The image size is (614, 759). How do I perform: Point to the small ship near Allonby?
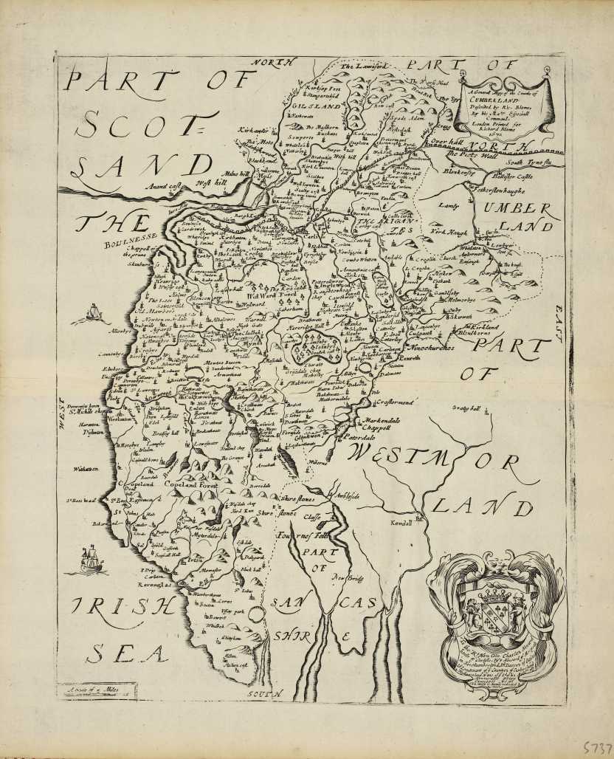pyautogui.click(x=94, y=315)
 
